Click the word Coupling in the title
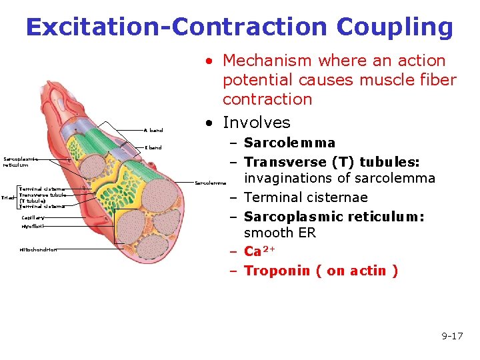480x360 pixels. point(395,27)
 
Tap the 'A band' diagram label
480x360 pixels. point(154,130)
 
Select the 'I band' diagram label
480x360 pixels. point(154,147)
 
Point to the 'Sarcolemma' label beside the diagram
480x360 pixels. point(211,182)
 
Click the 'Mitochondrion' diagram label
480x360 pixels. point(38,249)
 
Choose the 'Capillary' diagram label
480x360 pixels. point(33,217)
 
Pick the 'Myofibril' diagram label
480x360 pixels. point(33,227)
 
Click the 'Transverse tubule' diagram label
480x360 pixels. point(43,195)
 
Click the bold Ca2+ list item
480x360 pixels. point(258,251)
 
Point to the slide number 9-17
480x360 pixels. point(452,336)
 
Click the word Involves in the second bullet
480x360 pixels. point(257,123)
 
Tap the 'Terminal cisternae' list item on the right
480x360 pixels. point(306,198)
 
